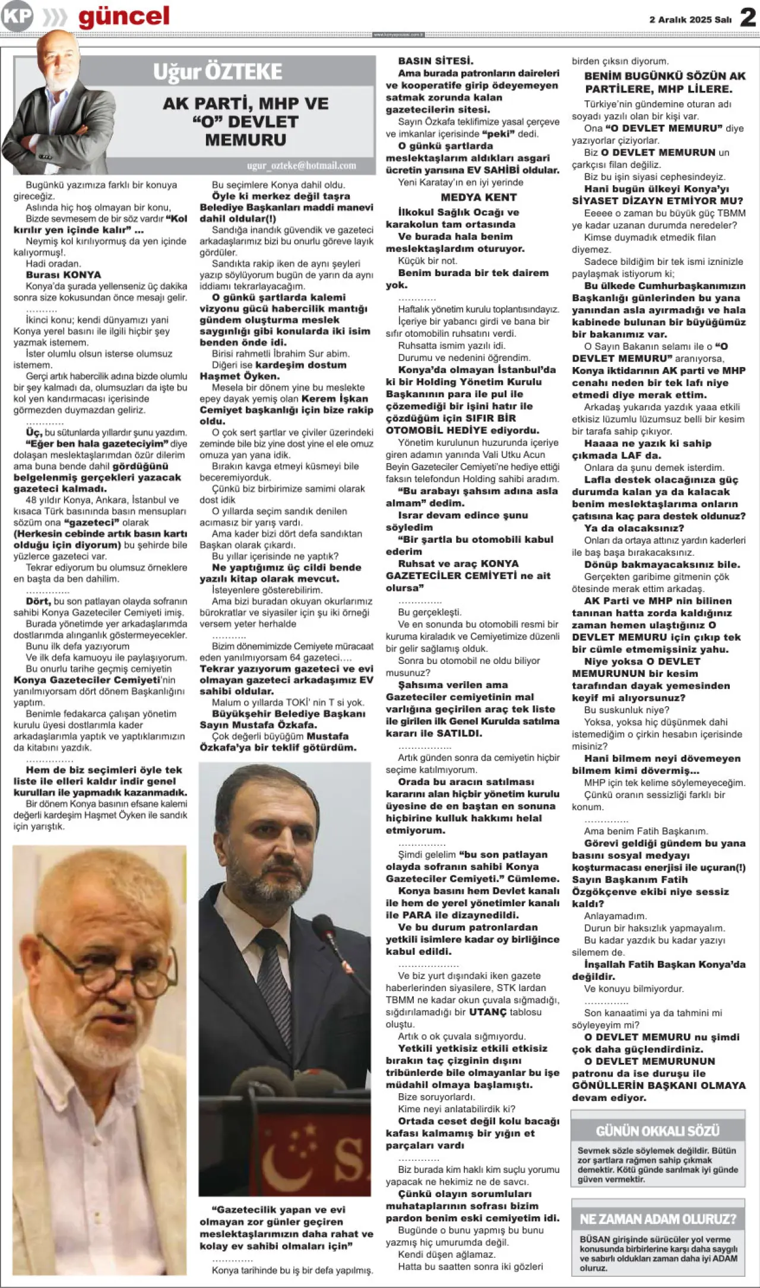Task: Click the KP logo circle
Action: (17, 16)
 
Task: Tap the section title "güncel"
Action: (124, 16)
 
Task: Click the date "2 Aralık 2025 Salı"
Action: (690, 20)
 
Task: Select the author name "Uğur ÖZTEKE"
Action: (217, 72)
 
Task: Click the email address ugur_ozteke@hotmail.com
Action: (302, 166)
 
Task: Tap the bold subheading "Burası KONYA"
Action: (64, 275)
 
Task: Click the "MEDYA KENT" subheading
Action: (479, 197)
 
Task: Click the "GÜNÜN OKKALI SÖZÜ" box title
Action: (657, 1131)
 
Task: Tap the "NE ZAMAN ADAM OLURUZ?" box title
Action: (657, 1219)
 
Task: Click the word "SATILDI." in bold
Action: (459, 733)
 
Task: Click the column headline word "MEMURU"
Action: (245, 140)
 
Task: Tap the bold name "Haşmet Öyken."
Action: (239, 376)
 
